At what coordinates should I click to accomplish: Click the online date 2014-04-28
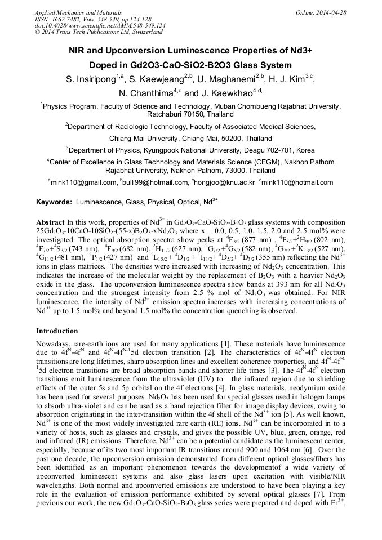click(331, 12)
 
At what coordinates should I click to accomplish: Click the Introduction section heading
click(57, 331)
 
